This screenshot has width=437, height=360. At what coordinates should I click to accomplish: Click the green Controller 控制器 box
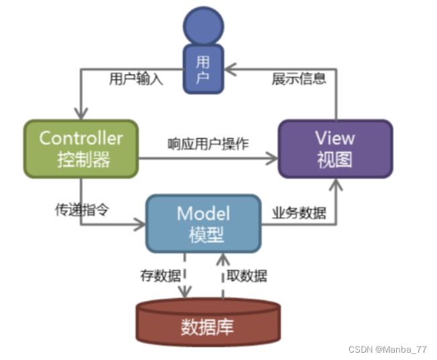click(80, 149)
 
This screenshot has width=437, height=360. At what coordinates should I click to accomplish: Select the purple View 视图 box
click(334, 149)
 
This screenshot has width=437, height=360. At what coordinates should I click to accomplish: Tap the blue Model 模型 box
click(203, 224)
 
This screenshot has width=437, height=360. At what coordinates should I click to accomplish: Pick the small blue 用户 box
click(203, 70)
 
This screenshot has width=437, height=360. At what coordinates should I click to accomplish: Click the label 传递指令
click(82, 209)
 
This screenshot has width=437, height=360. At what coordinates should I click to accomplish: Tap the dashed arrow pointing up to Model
click(224, 275)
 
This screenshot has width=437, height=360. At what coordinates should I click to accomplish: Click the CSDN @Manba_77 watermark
click(388, 349)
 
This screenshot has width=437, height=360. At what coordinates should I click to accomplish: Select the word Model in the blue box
click(203, 214)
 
